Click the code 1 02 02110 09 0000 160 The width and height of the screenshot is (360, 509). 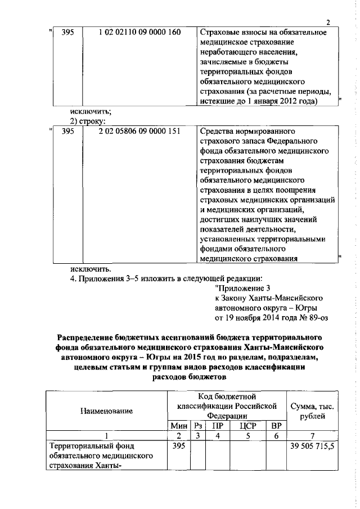tap(139, 32)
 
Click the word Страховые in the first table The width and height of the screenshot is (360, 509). tap(217, 32)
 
